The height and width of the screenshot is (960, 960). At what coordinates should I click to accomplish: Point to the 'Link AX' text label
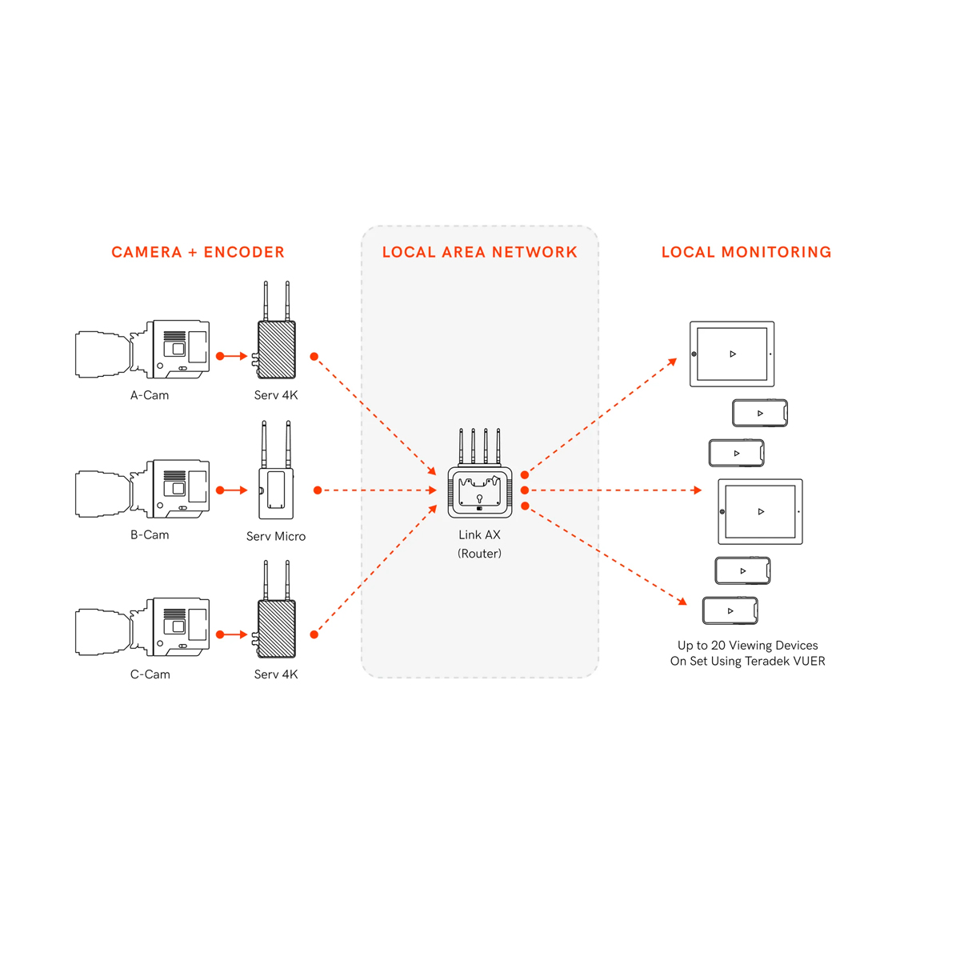479,535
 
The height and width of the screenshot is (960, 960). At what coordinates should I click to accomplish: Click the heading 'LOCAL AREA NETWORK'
479,252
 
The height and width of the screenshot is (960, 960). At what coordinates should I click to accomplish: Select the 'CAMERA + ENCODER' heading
198,252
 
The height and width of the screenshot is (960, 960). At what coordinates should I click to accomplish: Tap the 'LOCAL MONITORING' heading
746,252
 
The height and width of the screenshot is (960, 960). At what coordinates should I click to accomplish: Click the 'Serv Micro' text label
276,537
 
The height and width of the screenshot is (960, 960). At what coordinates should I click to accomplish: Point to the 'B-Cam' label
150,535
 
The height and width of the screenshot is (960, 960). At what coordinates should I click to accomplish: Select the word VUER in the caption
807,662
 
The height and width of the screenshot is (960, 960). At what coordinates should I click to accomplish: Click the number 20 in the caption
718,646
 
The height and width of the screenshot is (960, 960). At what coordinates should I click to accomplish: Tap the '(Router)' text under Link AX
479,554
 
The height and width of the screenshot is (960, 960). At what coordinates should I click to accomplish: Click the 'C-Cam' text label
150,674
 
